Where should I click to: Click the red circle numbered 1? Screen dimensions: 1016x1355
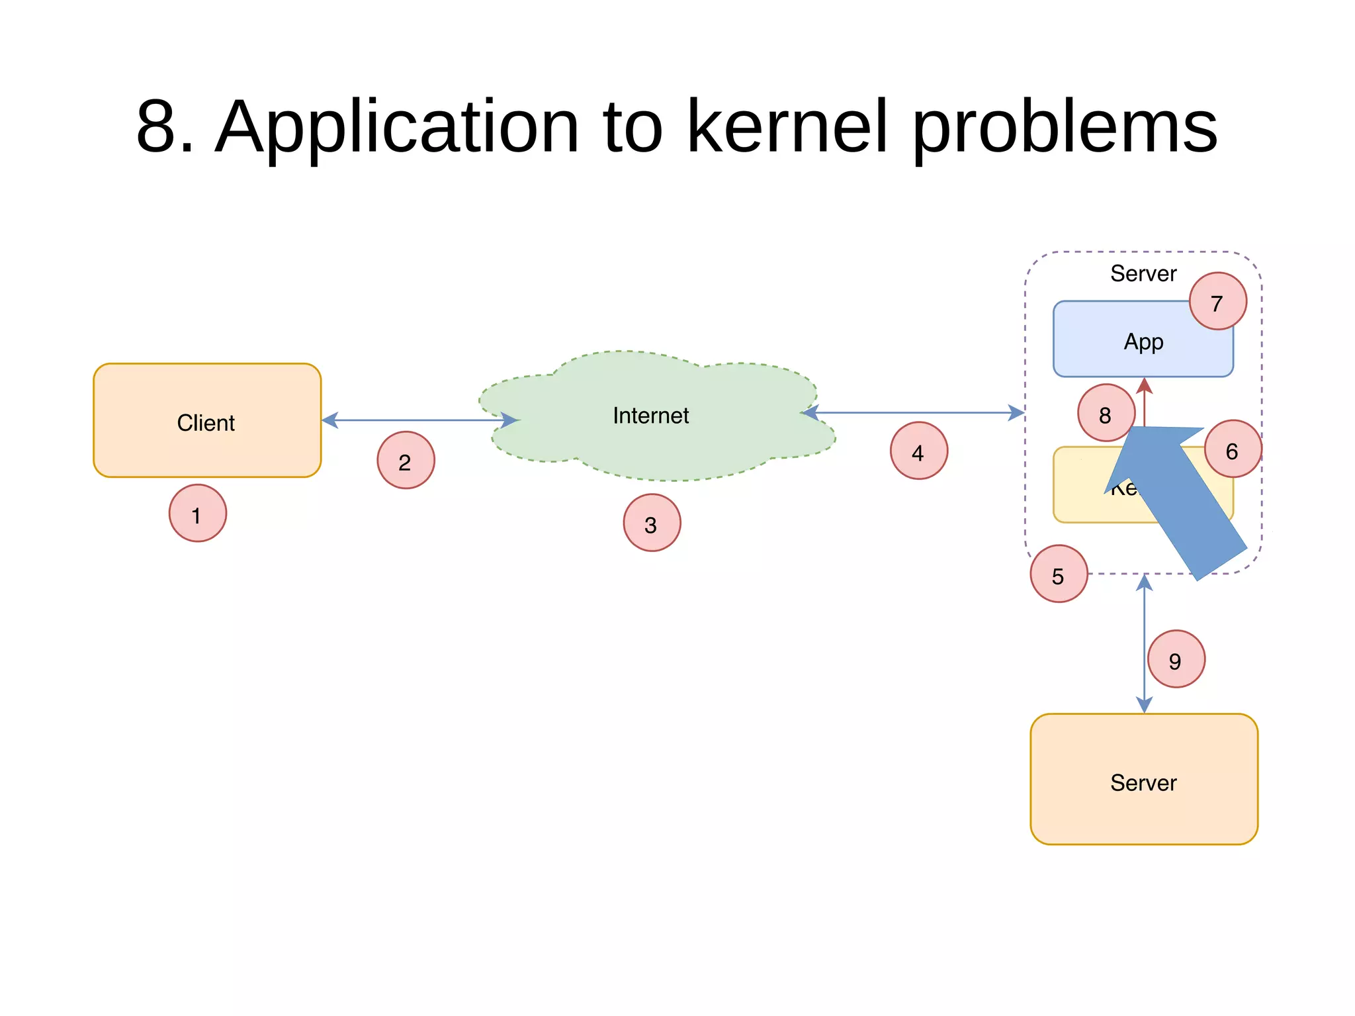point(197,513)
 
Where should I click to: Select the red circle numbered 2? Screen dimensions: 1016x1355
point(406,460)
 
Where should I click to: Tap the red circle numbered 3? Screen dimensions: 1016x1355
point(652,523)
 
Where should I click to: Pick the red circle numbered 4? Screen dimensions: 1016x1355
point(918,451)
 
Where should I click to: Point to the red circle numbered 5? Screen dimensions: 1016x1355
point(1059,574)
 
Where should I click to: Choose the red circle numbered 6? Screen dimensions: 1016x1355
point(1233,449)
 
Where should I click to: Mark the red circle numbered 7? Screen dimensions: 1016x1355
point(1217,301)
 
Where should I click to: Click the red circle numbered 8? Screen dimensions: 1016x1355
point(1106,413)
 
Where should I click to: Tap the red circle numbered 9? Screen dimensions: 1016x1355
point(1176,659)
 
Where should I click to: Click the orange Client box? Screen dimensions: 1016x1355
point(207,421)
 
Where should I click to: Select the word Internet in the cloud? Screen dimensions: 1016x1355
point(650,416)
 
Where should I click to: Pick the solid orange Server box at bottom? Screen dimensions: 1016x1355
point(1143,780)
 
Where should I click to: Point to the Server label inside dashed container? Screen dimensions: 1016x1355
point(1143,273)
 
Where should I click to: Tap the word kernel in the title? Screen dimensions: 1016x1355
point(787,126)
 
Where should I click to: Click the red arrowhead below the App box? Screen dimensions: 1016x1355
point(1144,387)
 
